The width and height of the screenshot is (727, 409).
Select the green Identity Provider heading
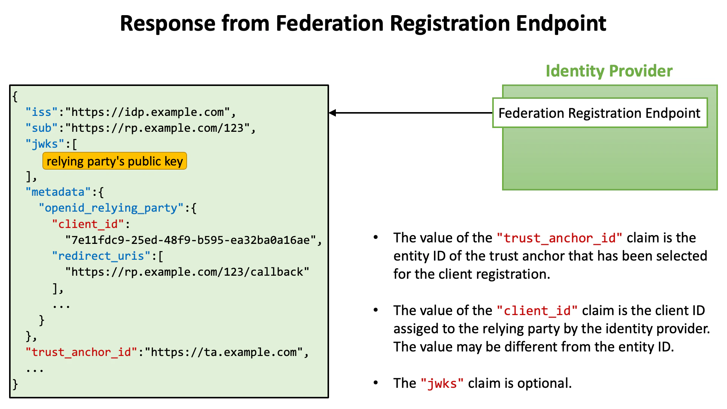[x=609, y=71]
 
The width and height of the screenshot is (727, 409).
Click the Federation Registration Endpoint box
[x=599, y=113]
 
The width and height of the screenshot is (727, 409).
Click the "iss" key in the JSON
[x=42, y=112]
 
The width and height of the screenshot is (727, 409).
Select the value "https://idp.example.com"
[x=148, y=112]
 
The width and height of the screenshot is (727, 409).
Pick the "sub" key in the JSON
[x=42, y=128]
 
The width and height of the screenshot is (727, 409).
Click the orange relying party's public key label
[x=115, y=161]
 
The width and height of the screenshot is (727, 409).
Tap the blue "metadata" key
[x=58, y=192]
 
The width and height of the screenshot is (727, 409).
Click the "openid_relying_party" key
[x=111, y=208]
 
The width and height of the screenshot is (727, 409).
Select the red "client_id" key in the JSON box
[x=88, y=224]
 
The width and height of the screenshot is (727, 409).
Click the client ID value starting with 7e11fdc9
[x=191, y=240]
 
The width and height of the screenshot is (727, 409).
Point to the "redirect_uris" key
[x=101, y=256]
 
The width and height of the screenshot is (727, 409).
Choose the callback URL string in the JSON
[x=187, y=272]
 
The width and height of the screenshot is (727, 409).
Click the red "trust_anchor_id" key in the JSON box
[x=81, y=353]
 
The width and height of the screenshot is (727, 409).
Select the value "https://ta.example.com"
[x=224, y=353]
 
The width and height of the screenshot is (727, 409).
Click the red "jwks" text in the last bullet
[x=442, y=384]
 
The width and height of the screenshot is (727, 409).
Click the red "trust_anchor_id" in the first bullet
[x=559, y=238]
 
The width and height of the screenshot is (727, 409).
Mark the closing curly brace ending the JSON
[x=15, y=384]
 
